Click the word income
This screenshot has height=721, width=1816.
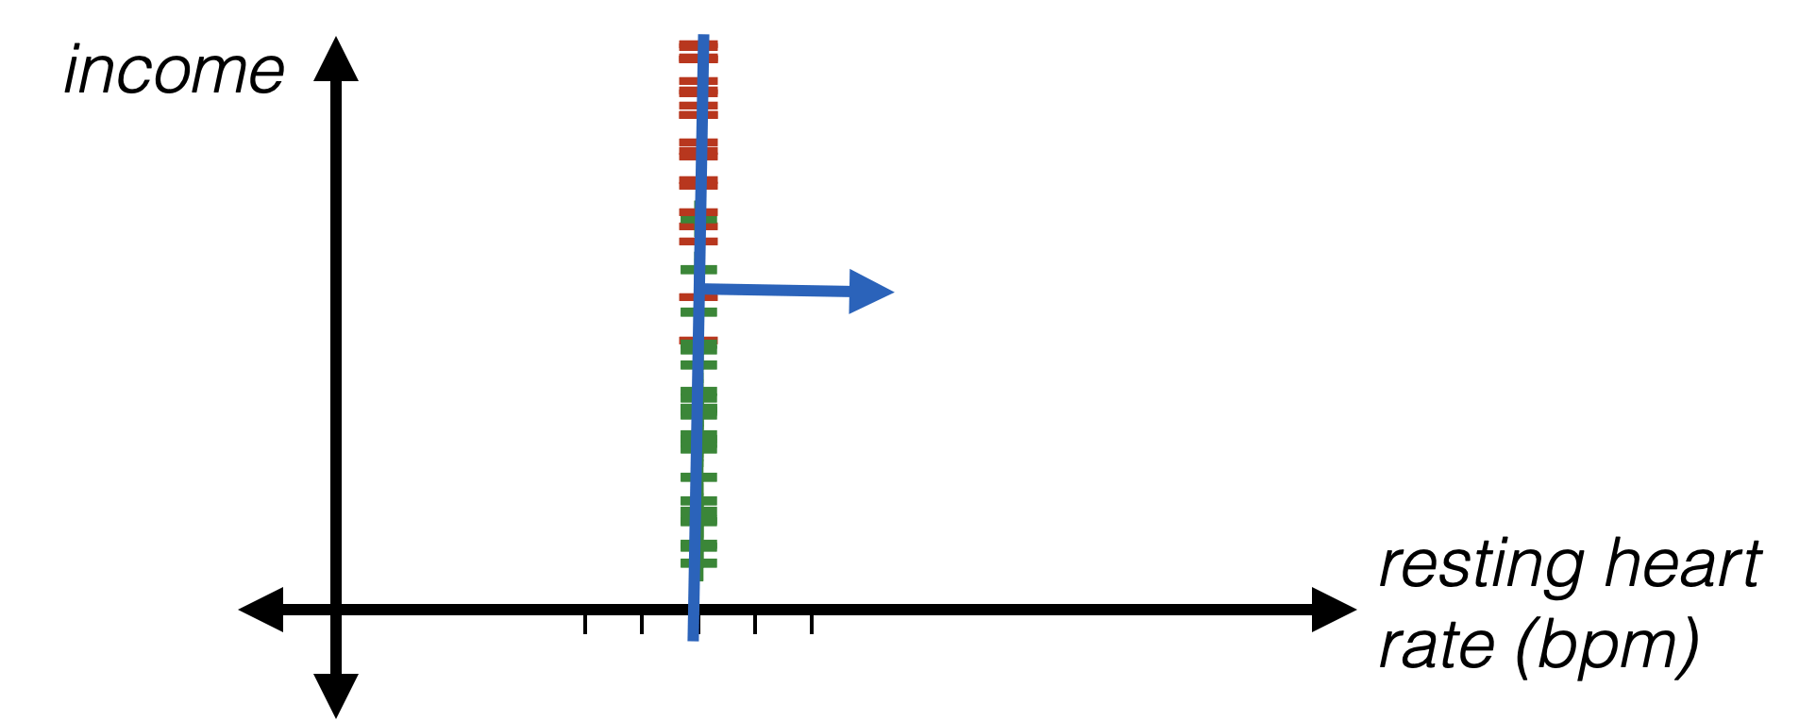(174, 72)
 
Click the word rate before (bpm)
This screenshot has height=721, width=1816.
(1436, 646)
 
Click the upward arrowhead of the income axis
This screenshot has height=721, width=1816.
(336, 59)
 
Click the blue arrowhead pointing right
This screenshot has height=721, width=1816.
(870, 292)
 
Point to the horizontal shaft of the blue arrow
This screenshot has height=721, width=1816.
(774, 290)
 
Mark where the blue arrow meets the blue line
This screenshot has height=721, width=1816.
(699, 289)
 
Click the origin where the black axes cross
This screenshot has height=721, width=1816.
(336, 609)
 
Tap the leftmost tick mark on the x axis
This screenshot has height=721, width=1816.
(585, 623)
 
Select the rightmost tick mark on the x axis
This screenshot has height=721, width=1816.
(812, 623)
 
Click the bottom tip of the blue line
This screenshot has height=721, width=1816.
(694, 637)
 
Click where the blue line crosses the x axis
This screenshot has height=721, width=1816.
(695, 609)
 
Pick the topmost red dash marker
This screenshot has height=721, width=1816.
(699, 43)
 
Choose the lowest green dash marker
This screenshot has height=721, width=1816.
(699, 564)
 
